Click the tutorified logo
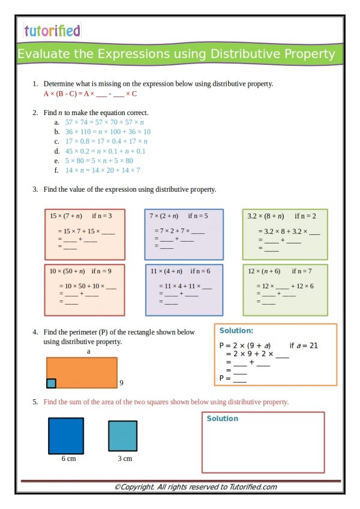coord(52,30)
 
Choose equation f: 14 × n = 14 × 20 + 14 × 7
coord(103,170)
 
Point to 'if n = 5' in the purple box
coord(198,216)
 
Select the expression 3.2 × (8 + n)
coord(266,216)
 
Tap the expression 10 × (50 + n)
coord(68,271)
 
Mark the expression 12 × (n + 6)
coord(265,271)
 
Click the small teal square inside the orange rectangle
coord(51,383)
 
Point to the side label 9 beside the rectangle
coord(121,382)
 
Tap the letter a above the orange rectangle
coord(89,352)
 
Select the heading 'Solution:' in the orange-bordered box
coord(236,330)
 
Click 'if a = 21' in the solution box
coord(303,346)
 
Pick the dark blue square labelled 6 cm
coord(66,436)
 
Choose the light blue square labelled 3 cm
coord(123,436)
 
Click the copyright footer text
coord(196,487)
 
